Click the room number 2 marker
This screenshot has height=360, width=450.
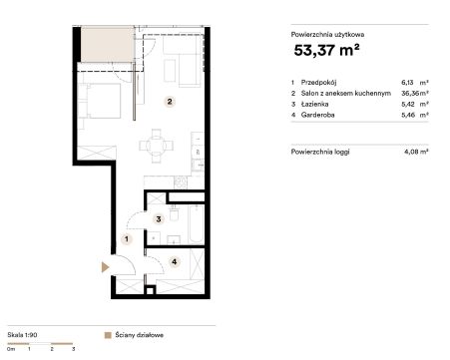170,102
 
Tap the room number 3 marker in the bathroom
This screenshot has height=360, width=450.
159,219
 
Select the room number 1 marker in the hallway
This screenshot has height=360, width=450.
127,239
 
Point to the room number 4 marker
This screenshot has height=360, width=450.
175,262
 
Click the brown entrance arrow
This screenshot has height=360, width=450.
105,267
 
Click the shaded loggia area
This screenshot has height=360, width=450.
108,44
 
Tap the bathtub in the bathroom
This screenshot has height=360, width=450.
196,224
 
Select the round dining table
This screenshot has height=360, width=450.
157,146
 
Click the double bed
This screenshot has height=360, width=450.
100,100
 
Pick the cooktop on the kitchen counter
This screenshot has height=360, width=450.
181,181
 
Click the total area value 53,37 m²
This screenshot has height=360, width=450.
326,50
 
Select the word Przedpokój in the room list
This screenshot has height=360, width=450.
318,83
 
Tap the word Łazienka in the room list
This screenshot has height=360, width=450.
314,104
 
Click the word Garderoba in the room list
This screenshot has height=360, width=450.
317,115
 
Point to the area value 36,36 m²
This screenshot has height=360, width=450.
415,94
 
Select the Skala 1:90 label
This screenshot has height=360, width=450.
22,335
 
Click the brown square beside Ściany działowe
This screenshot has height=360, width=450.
108,335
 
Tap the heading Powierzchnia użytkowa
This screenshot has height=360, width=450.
327,35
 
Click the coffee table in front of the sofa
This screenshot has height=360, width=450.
170,71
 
